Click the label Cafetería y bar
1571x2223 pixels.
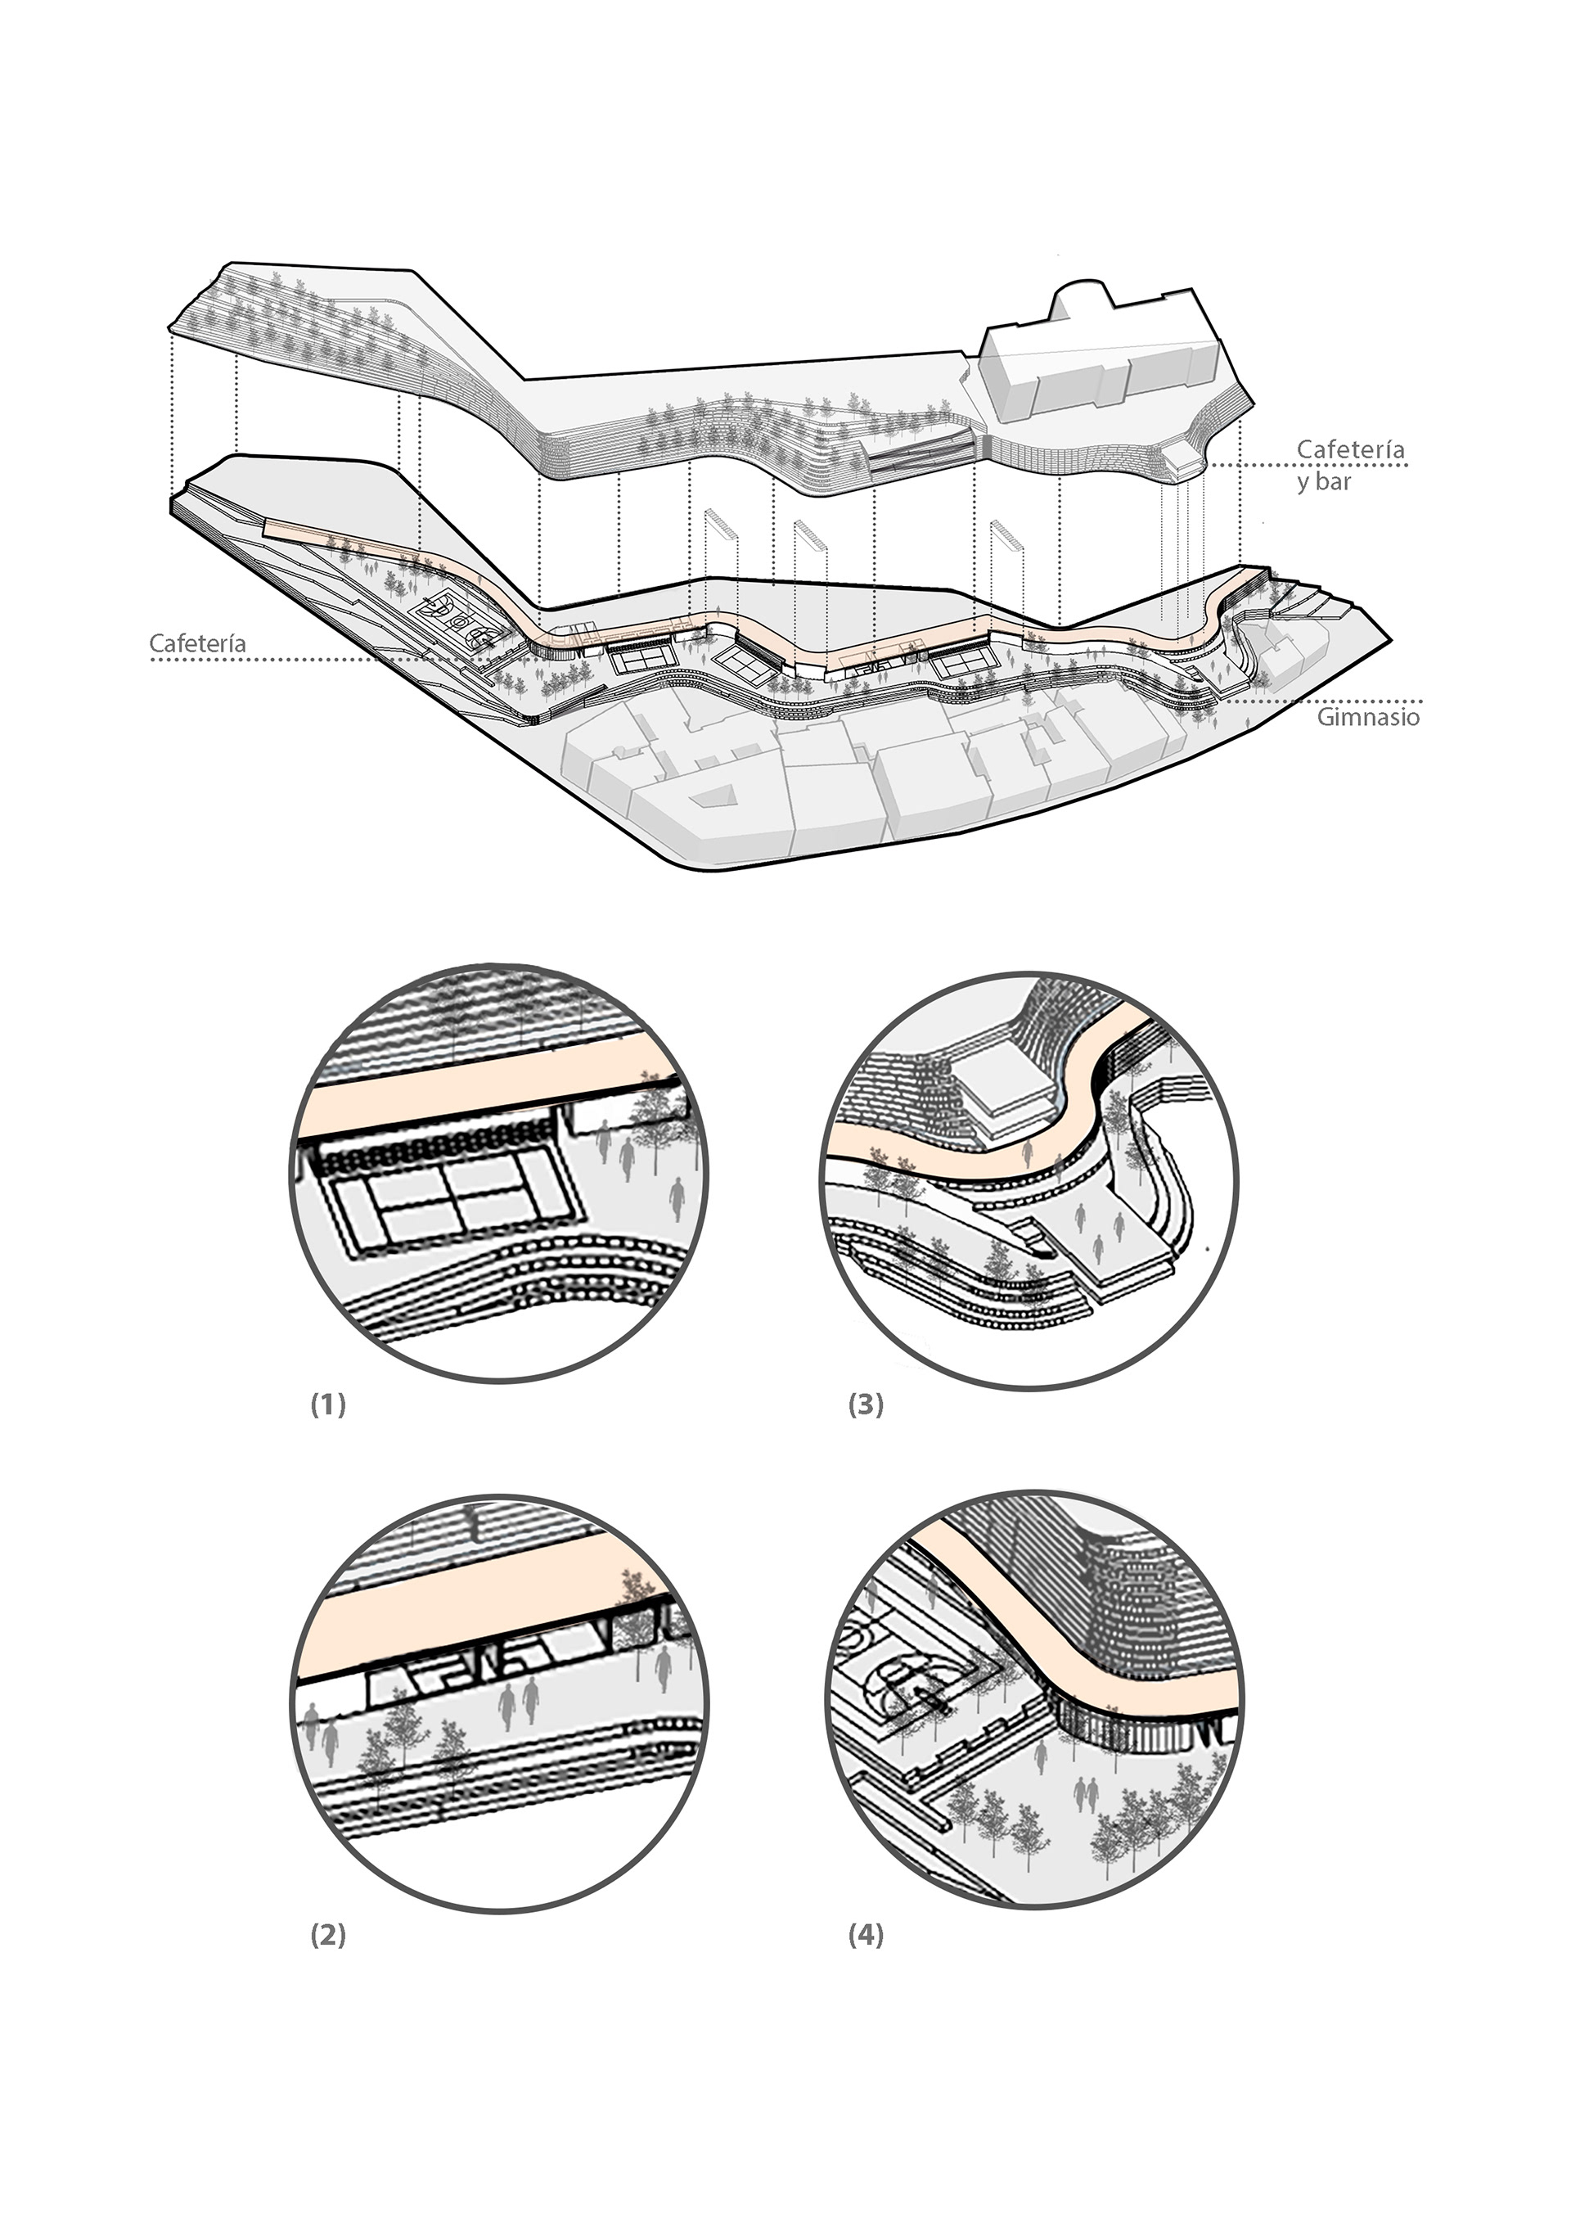[1350, 465]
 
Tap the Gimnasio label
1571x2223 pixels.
[1368, 718]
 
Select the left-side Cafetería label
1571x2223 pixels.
[197, 643]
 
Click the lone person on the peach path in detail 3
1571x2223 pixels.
[1029, 1152]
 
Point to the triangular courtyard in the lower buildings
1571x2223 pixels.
[713, 793]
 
